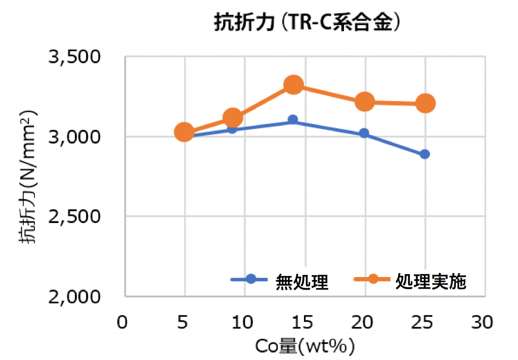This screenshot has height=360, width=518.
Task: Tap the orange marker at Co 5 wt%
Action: [x=185, y=132]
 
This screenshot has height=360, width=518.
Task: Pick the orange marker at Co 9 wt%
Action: [x=232, y=118]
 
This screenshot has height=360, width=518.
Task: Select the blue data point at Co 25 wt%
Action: [x=425, y=154]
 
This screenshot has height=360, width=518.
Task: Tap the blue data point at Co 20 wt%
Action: [x=364, y=133]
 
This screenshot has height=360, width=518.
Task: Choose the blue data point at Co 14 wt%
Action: [x=293, y=119]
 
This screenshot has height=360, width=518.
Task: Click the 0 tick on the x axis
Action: [x=121, y=322]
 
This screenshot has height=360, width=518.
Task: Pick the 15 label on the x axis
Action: [x=304, y=322]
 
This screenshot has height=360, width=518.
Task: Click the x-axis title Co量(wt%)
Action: [x=304, y=347]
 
